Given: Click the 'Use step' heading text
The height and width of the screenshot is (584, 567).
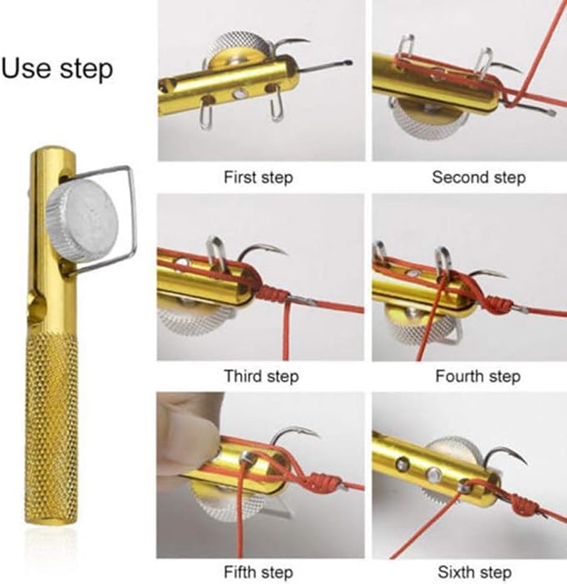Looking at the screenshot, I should (57, 68).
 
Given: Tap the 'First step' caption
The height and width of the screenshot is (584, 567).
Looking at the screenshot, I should (258, 177).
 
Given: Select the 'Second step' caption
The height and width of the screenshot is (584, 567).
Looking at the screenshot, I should (478, 177).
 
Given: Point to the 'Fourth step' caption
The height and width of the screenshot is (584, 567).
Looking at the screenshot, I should (478, 376).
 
